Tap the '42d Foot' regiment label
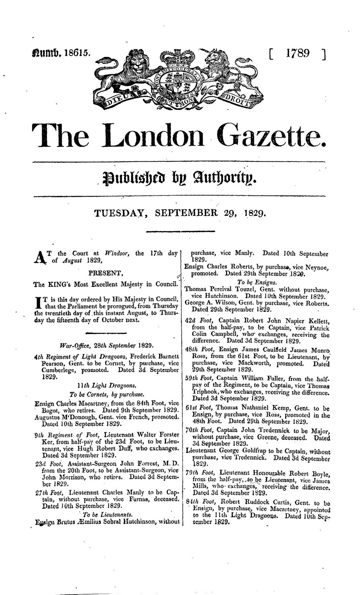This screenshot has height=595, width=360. tap(195, 321)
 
